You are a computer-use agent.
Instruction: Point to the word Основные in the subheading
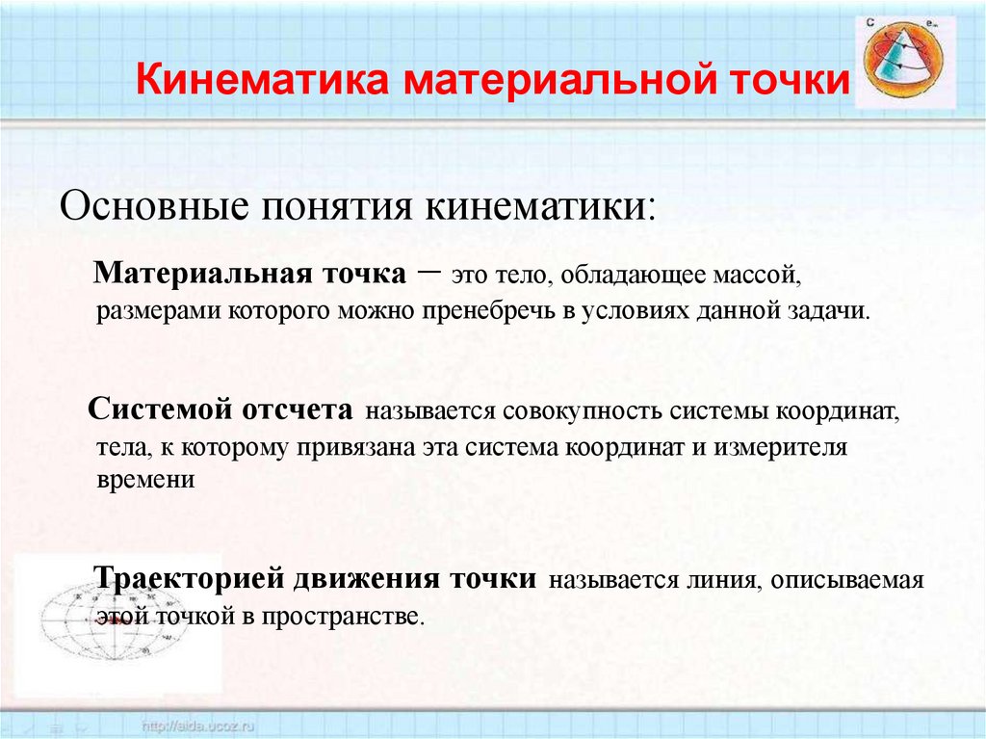click(155, 207)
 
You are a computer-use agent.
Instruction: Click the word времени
click(146, 481)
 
